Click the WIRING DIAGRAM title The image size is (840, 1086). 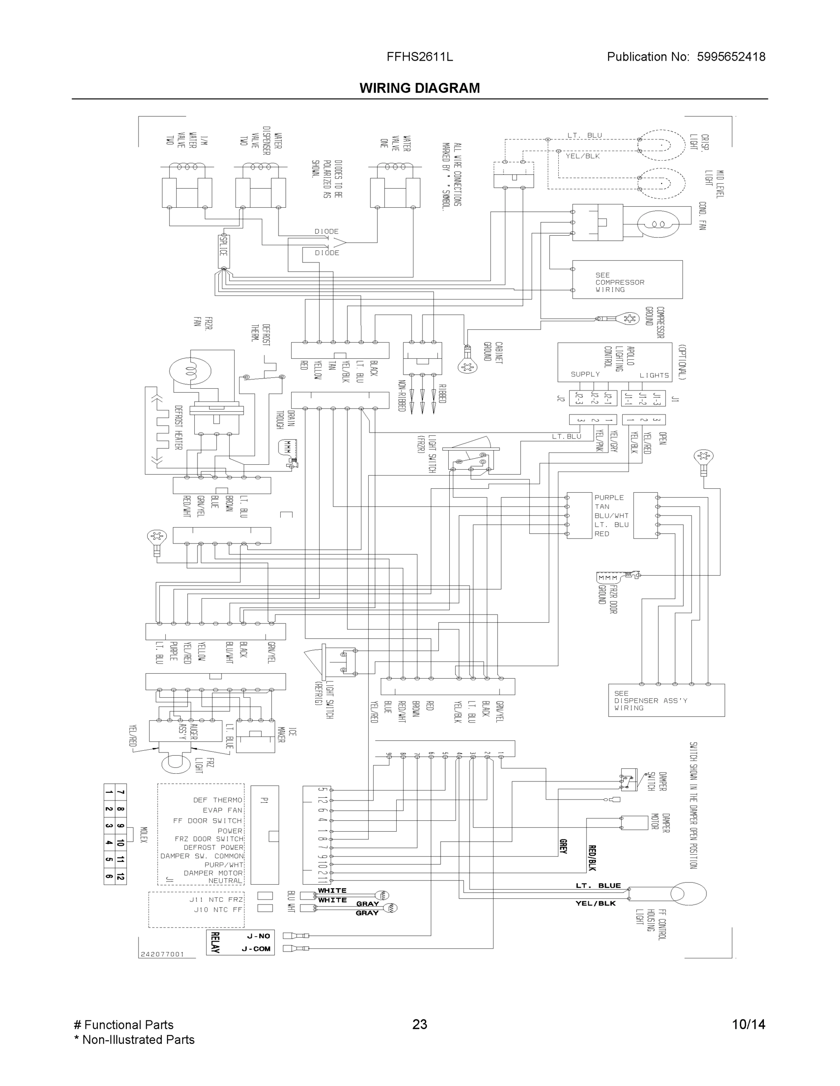click(419, 88)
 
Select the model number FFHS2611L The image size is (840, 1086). click(419, 57)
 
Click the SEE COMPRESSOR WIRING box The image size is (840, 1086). click(627, 280)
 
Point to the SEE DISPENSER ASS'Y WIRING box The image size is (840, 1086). click(666, 700)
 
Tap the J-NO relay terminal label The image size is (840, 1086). click(258, 936)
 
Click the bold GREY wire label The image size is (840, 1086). click(563, 846)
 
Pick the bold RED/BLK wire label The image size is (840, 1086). click(592, 858)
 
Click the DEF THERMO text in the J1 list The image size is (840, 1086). click(217, 800)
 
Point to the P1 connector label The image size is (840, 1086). click(264, 800)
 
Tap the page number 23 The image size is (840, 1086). click(419, 1024)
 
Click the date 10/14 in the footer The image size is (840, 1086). click(749, 1024)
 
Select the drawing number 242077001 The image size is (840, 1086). click(162, 954)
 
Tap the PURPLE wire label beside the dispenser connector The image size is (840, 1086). click(609, 497)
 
